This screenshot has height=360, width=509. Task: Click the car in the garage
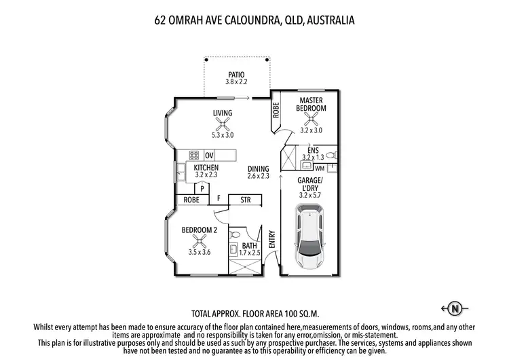[309, 238]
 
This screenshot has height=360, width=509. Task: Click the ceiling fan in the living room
[222, 125]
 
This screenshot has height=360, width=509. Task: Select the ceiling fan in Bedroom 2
[200, 242]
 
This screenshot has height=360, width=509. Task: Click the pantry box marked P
[202, 187]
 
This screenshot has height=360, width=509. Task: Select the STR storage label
[246, 200]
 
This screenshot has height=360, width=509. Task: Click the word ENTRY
[272, 239]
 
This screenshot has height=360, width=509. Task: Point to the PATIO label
[235, 74]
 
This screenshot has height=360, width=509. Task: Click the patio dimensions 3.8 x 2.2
[235, 82]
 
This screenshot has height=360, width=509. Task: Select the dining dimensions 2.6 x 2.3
[258, 176]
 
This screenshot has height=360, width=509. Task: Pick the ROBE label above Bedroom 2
[191, 200]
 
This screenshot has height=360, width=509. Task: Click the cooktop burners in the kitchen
[193, 155]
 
